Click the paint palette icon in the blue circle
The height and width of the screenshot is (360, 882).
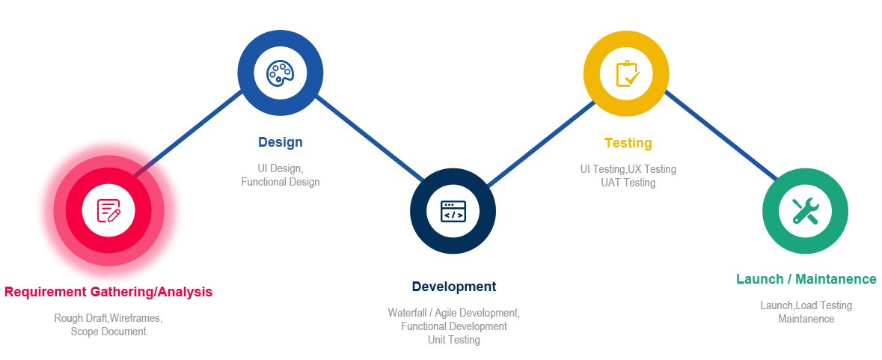pos(281,73)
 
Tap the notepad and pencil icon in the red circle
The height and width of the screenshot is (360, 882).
pos(108,210)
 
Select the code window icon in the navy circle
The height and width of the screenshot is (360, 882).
pos(453,210)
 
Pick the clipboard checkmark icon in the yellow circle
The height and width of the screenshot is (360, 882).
pos(626,73)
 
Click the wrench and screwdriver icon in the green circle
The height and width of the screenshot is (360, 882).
pos(805,210)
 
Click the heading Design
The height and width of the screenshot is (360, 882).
pos(281,142)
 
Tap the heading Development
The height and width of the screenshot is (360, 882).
pos(453,287)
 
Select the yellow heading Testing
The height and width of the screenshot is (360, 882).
pos(628,143)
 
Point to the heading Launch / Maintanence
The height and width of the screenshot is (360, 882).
pos(806,279)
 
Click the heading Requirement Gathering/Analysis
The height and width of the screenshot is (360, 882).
pos(108,292)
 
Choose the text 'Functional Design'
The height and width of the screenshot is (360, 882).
pos(281,182)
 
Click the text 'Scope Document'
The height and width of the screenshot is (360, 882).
pos(108,331)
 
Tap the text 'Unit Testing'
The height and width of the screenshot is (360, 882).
pos(453,340)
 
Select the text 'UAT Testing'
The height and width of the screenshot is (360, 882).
pos(628,183)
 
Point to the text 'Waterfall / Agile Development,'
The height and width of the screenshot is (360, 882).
pos(453,312)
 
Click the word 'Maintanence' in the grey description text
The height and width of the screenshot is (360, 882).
pos(806,319)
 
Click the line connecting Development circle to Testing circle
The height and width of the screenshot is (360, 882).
pos(540,144)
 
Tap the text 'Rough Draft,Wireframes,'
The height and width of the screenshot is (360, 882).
pos(108,318)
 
